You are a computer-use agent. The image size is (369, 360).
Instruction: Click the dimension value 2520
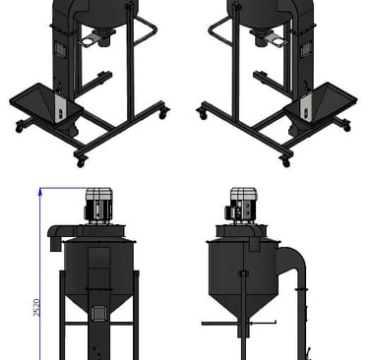(36, 307)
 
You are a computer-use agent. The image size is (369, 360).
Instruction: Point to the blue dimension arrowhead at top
(40, 192)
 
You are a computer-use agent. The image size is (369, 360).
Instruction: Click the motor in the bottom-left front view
(98, 206)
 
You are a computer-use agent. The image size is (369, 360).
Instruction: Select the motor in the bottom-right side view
(241, 205)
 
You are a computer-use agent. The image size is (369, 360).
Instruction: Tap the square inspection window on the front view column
(97, 313)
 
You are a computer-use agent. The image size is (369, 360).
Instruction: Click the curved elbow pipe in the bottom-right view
(292, 263)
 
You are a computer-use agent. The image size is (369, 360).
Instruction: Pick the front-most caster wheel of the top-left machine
(81, 161)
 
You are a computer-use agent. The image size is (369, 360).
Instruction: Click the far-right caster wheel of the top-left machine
(163, 113)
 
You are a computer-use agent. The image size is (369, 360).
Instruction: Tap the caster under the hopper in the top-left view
(20, 127)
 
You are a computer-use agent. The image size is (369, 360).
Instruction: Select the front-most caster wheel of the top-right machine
(286, 161)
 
